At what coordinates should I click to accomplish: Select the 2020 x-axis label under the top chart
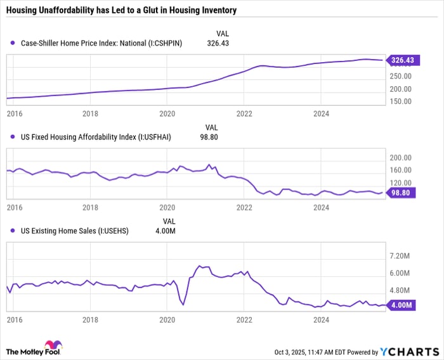(167, 114)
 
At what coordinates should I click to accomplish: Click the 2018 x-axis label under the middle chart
(90, 207)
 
